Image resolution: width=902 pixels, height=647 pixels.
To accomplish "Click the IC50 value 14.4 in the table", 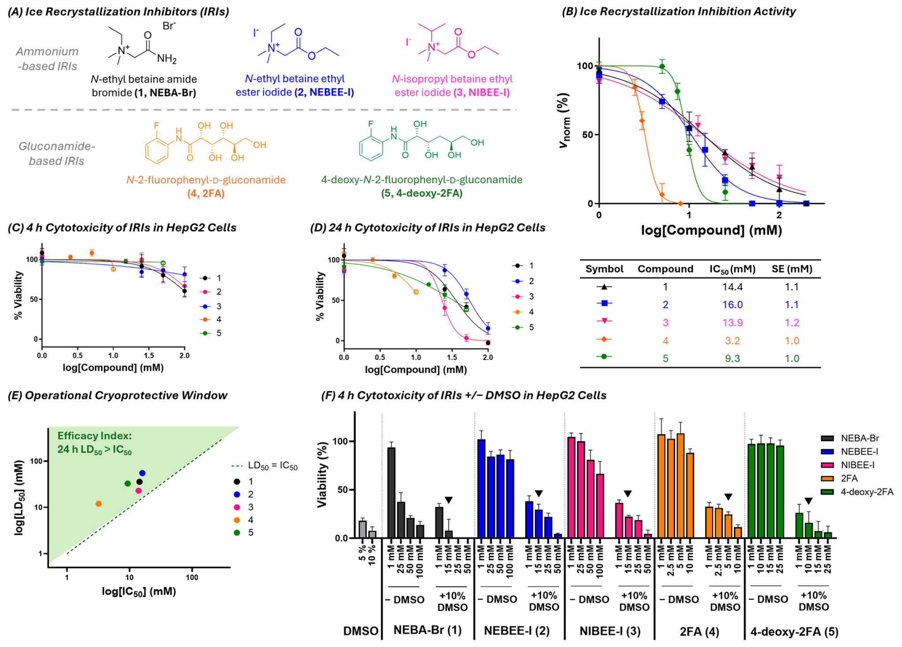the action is (732, 287).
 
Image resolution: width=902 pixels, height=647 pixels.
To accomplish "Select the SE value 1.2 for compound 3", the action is (792, 323).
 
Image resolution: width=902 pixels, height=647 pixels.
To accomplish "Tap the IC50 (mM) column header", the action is (732, 269).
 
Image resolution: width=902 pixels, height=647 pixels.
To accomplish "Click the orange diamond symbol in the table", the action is (604, 339).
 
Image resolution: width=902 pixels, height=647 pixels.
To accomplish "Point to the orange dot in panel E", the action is (98, 504).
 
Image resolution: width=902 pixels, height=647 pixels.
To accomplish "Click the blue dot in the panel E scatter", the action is (142, 474).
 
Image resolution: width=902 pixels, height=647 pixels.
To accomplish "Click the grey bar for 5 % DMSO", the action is (363, 529).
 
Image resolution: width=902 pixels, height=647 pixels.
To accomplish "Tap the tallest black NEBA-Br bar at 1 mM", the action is (391, 493).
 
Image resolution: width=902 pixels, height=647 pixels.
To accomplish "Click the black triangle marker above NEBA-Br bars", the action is (449, 500).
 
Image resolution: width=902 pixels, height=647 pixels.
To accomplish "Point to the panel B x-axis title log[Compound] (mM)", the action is (711, 230).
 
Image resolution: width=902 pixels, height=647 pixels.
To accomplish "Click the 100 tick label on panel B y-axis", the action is (585, 66).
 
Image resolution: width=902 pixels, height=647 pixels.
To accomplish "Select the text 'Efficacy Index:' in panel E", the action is (94, 436).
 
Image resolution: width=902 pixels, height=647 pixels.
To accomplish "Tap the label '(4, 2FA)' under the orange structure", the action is (206, 193).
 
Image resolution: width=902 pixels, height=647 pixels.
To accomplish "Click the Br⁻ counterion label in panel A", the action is (169, 26).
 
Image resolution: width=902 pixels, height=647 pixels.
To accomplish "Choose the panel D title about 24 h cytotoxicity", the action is (428, 228).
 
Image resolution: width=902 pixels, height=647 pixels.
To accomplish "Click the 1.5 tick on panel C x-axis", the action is (149, 356).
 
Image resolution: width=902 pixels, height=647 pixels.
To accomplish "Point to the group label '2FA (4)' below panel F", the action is (699, 632).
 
